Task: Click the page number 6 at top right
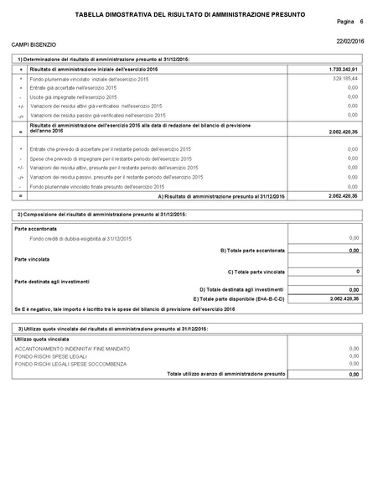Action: pyautogui.click(x=360, y=20)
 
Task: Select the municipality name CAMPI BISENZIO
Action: pyautogui.click(x=34, y=43)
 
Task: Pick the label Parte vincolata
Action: pyautogui.click(x=34, y=260)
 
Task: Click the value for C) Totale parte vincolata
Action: pyautogui.click(x=357, y=272)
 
